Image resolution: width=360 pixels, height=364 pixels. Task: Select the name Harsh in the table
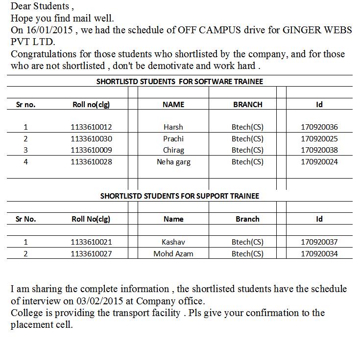tap(173, 127)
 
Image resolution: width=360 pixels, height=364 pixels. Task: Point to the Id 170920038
tap(319, 150)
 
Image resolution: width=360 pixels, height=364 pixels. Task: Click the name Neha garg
tap(173, 162)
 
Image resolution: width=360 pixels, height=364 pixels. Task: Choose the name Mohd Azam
tap(173, 254)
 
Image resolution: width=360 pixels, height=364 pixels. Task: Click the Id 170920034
tap(319, 254)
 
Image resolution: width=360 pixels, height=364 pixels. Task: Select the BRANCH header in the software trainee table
tap(247, 105)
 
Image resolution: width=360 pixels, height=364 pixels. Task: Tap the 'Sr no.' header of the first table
tap(25, 105)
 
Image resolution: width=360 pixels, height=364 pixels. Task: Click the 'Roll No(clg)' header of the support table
tap(91, 219)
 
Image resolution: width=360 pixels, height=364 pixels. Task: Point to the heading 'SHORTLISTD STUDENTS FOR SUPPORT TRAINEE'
tap(179, 196)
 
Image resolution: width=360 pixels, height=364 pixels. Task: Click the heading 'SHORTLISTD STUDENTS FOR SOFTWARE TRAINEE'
tap(179, 82)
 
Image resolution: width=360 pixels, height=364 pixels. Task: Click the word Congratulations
tap(44, 54)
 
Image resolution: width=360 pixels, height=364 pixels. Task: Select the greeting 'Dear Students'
tap(40, 7)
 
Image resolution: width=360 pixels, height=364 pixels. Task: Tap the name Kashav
tap(173, 242)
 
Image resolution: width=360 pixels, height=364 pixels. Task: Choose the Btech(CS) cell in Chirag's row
tap(247, 150)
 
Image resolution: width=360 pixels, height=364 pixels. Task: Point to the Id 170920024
tap(319, 162)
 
